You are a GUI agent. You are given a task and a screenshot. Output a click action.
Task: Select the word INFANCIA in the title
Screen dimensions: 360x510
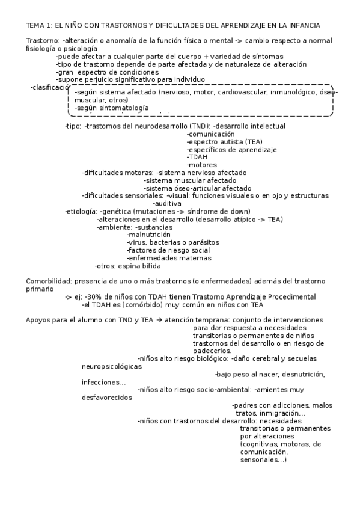point(304,25)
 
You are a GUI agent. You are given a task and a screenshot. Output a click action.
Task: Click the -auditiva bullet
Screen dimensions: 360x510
point(167,203)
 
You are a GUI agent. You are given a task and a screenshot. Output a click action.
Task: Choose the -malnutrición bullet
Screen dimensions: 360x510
point(149,235)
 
